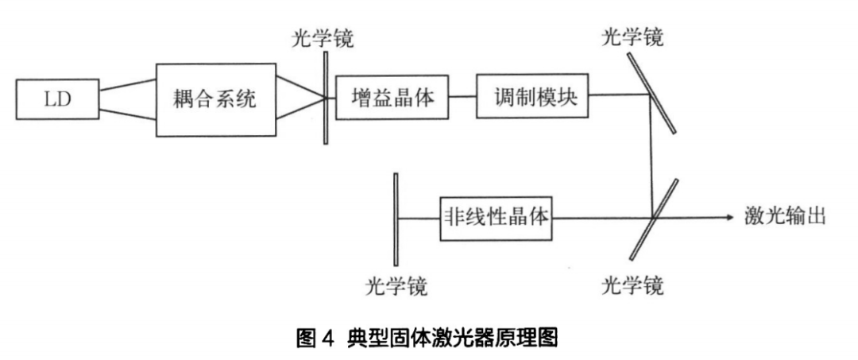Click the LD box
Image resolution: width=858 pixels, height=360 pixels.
(58, 99)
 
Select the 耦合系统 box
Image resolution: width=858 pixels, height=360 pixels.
(215, 99)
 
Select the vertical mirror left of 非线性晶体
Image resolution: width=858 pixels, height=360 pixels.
(395, 219)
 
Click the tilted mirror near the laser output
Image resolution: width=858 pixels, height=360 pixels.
(652, 219)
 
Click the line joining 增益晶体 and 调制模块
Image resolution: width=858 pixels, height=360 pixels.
(462, 96)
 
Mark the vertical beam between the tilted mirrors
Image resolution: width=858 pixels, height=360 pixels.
(652, 155)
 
